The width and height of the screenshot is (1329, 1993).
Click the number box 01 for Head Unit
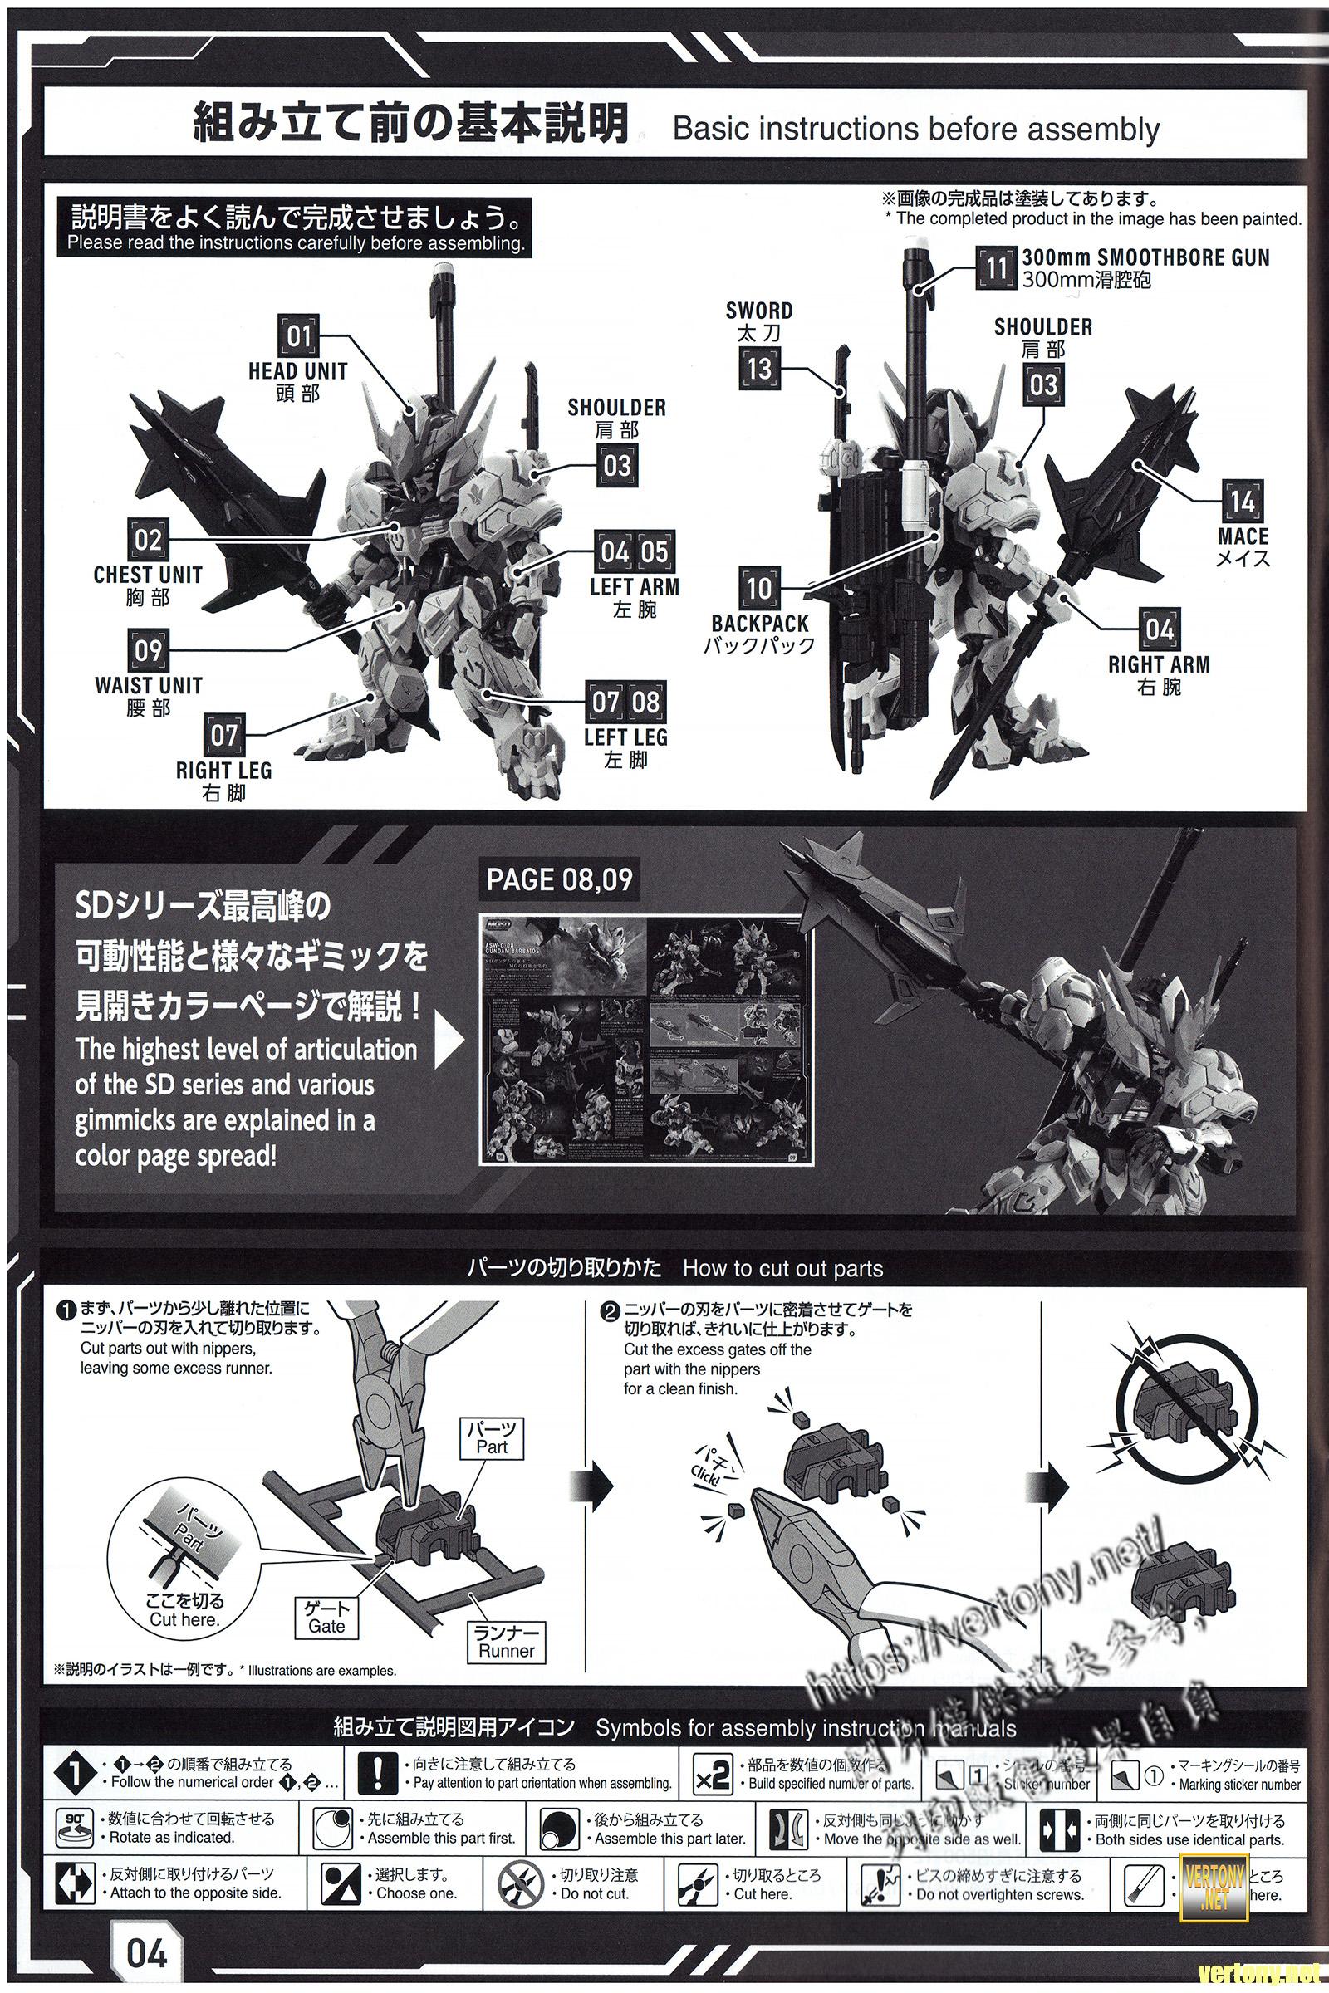click(298, 336)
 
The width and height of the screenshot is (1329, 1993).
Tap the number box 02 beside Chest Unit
click(148, 540)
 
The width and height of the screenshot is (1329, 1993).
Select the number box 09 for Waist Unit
click(148, 651)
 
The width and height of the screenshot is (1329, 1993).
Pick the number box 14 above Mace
click(1243, 502)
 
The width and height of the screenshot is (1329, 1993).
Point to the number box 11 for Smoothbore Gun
click(996, 267)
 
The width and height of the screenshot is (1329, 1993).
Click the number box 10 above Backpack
click(759, 588)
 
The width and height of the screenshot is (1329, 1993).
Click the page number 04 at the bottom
click(148, 1953)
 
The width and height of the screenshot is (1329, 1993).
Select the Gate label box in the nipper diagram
click(327, 1618)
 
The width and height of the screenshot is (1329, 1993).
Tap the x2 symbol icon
click(713, 1776)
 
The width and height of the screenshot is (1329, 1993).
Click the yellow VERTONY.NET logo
click(1214, 1885)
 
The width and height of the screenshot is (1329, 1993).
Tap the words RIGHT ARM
click(1159, 664)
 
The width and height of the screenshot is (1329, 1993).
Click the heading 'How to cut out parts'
click(782, 1269)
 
